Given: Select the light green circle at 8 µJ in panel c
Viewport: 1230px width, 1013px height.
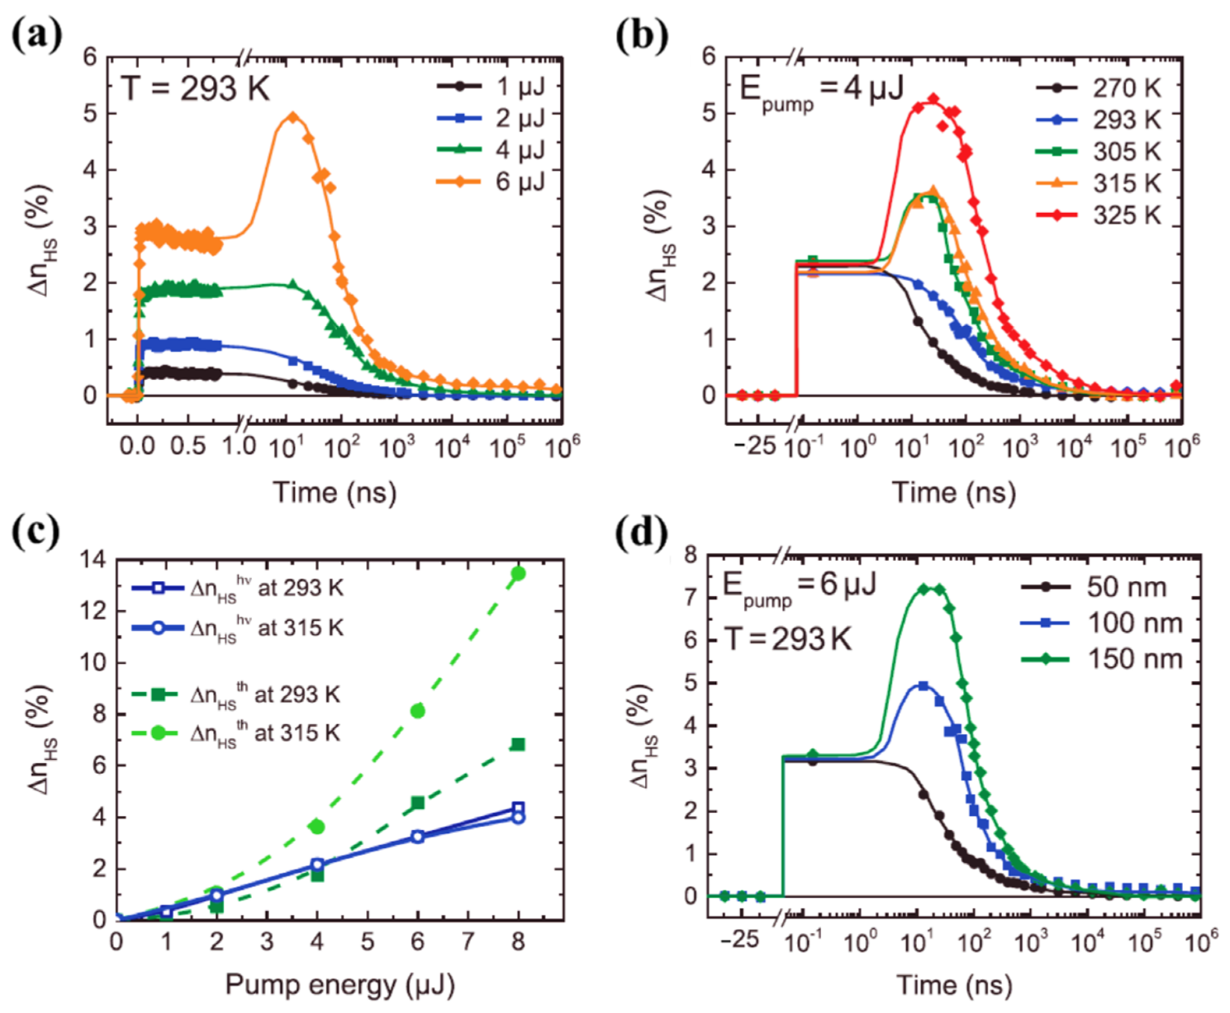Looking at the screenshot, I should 518,574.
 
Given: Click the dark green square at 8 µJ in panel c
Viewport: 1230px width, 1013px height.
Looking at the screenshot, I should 518,744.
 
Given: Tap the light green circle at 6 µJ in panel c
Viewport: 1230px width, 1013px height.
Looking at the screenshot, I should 418,711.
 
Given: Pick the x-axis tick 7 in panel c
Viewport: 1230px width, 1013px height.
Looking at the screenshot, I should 468,941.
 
